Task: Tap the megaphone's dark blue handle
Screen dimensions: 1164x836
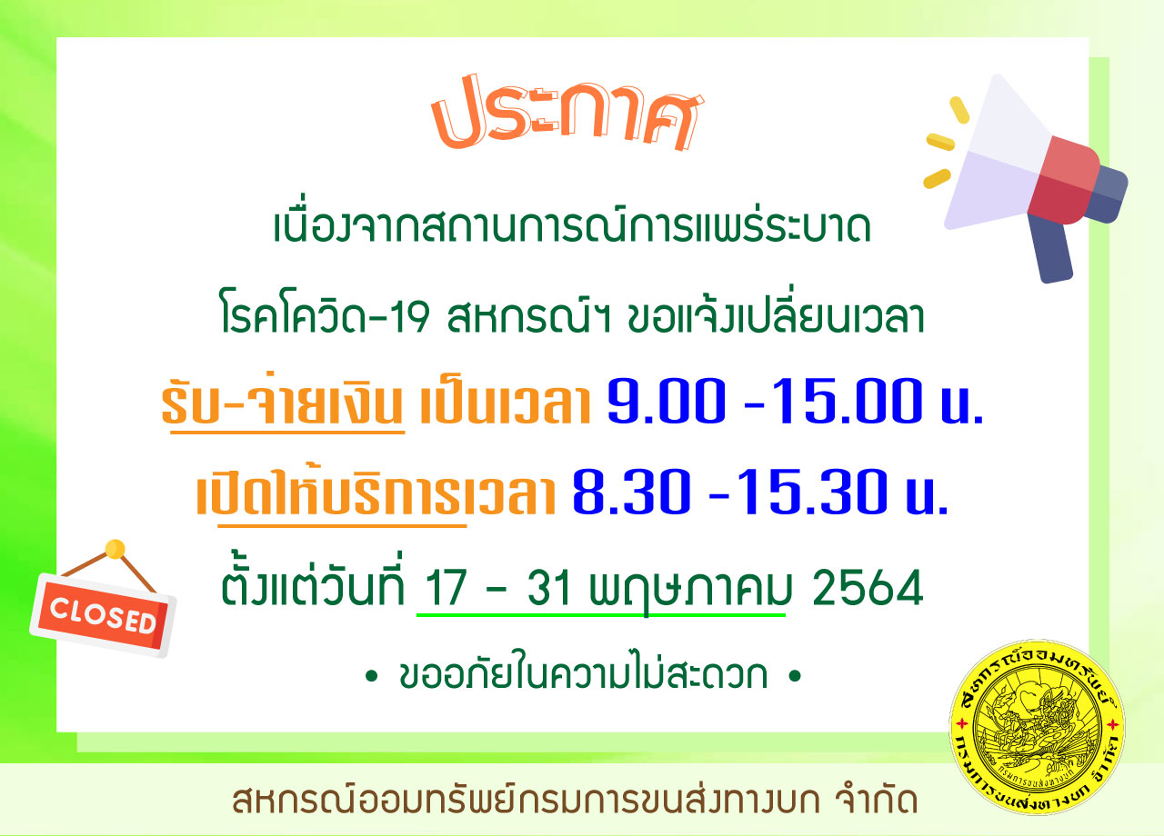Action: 1049,248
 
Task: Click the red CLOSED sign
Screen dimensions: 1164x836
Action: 103,615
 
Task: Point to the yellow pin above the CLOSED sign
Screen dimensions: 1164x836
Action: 115,549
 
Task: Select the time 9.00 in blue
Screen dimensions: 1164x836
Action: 667,401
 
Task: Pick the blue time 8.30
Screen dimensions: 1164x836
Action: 631,492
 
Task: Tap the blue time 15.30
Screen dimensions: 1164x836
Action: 811,492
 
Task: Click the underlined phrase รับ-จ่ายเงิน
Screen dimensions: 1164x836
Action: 283,402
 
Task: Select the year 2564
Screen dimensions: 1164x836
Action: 868,588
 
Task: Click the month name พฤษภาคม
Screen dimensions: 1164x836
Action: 690,591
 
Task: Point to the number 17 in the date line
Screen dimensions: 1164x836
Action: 446,588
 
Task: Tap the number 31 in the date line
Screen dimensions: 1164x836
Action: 548,588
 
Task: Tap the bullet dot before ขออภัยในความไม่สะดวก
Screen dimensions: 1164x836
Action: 371,676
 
